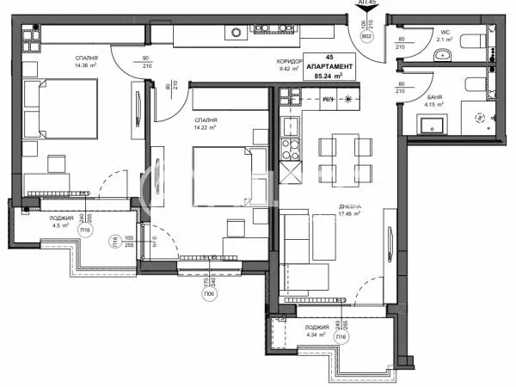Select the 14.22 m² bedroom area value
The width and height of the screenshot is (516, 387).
tap(205, 127)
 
